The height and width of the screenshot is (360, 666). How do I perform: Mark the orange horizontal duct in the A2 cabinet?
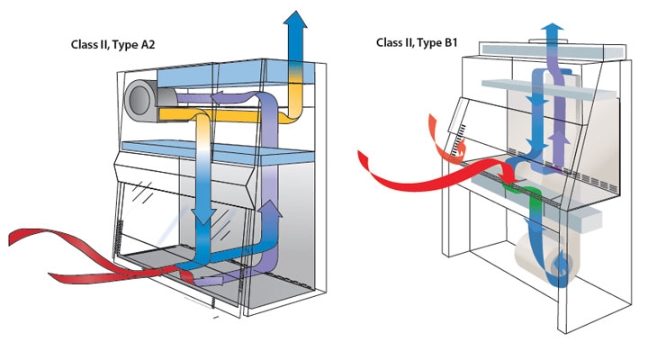tap(243, 115)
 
